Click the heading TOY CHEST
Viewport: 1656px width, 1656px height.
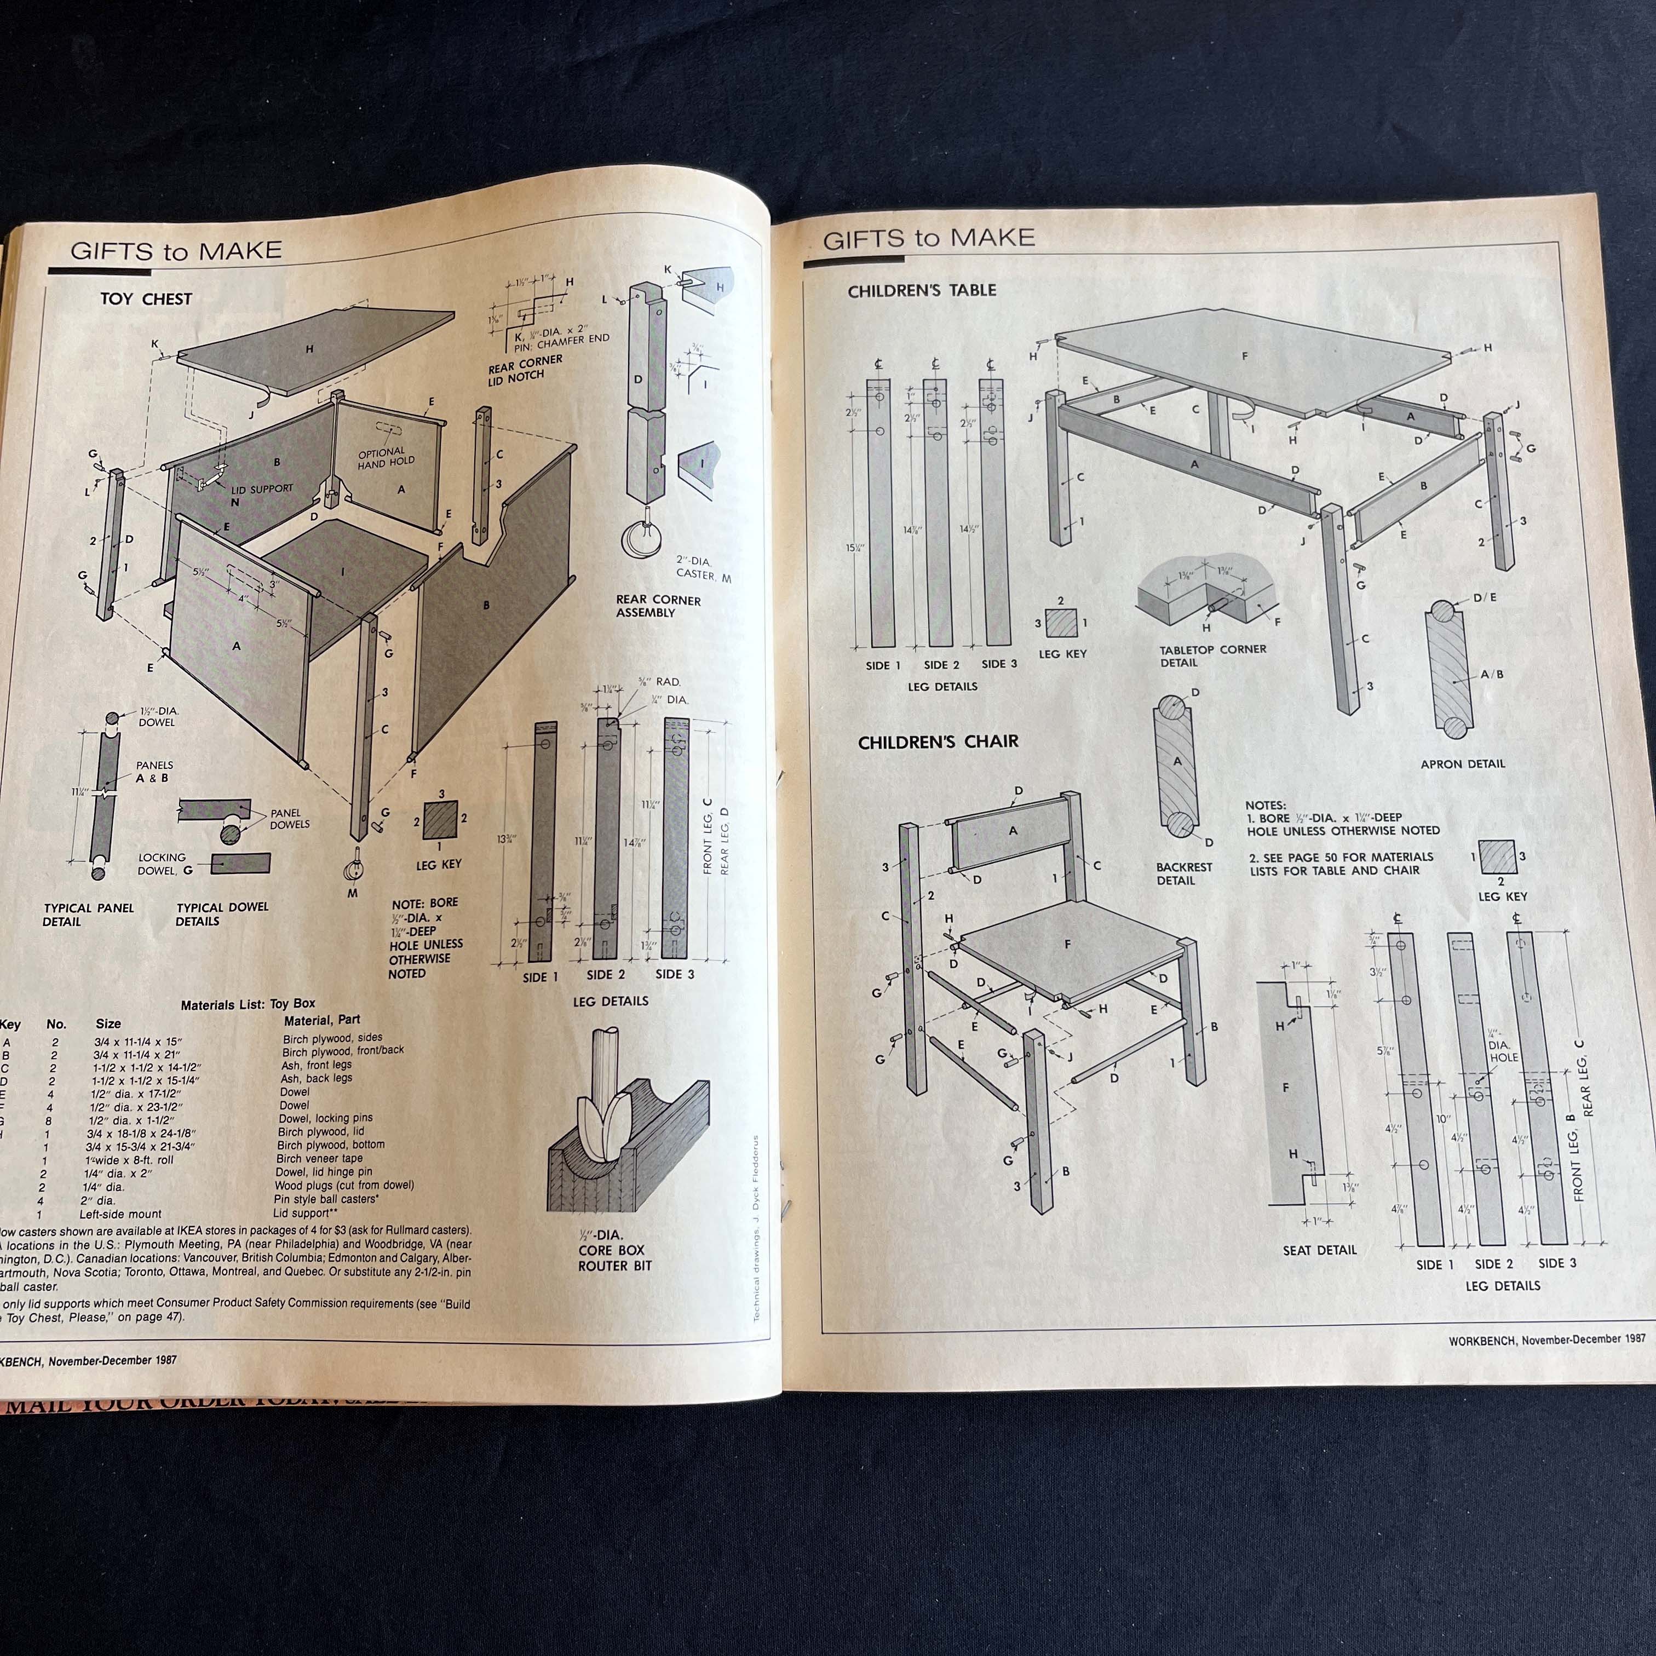coord(146,299)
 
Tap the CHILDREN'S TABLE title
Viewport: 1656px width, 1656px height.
coord(922,291)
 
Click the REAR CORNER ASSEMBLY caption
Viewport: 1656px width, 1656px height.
coord(658,606)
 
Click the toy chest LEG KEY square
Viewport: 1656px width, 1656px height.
coord(440,821)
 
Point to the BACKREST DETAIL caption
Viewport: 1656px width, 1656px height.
coord(1184,873)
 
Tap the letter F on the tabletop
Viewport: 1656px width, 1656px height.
coord(1245,356)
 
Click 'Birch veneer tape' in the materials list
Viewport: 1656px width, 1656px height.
coord(320,1158)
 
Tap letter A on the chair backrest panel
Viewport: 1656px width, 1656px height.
coord(1013,830)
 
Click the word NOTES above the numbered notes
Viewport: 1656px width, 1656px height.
coord(1265,805)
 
